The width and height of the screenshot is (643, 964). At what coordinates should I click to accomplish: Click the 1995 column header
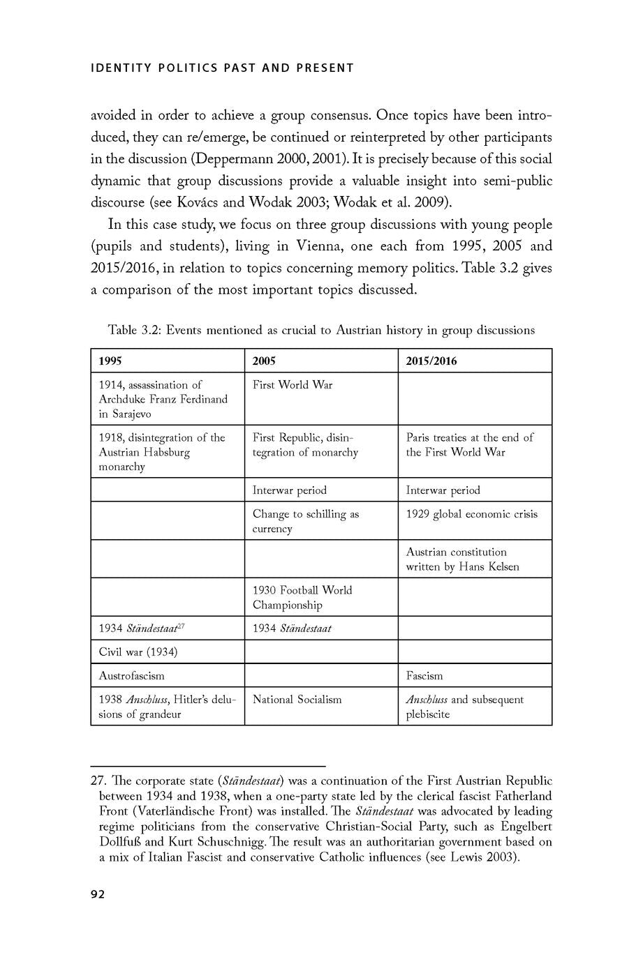110,361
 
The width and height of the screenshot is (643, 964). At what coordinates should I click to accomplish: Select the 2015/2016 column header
431,361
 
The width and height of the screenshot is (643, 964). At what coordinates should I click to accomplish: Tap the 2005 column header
264,361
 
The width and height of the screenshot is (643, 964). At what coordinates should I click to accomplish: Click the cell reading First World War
293,385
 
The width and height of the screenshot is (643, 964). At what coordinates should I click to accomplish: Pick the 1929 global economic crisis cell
472,514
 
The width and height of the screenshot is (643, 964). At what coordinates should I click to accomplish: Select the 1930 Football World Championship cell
302,597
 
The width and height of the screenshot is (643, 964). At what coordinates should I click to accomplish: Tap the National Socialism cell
297,700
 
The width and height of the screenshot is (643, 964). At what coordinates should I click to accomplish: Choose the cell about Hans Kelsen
462,559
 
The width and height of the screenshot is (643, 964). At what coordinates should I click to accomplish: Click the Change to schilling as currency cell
305,521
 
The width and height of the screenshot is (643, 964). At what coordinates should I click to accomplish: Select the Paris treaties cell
469,444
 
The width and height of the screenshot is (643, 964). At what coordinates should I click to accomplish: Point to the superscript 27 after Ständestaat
180,626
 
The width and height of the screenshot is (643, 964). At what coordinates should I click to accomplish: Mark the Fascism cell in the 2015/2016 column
424,676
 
